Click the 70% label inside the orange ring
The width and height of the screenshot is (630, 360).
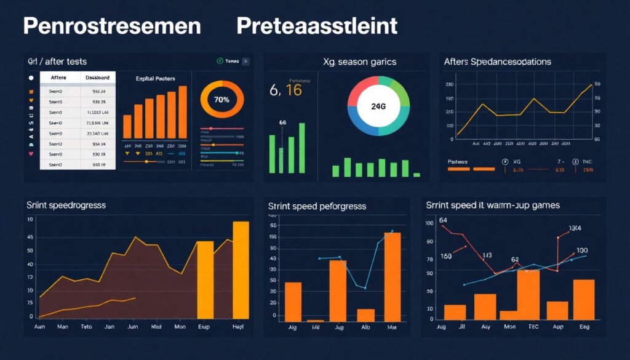click(221, 99)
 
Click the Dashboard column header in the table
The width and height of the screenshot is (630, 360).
click(97, 78)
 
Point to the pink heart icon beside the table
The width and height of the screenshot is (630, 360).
click(30, 154)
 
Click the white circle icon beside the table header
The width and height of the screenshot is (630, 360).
click(30, 78)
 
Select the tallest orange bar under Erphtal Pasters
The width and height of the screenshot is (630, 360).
click(182, 112)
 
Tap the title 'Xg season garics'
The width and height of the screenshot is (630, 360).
click(359, 62)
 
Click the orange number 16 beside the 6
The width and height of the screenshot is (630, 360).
click(293, 90)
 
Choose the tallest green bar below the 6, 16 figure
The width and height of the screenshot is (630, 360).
click(301, 148)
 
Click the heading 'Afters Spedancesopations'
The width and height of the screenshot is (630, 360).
click(497, 62)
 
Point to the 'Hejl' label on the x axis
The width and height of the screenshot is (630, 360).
click(238, 327)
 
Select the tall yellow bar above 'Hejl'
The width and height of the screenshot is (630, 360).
click(241, 270)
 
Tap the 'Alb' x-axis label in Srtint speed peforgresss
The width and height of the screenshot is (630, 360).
click(365, 328)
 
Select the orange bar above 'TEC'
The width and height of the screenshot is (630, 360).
click(528, 295)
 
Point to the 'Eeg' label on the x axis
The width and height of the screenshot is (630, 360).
click(584, 327)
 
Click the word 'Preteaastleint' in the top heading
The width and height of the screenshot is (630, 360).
click(316, 26)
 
